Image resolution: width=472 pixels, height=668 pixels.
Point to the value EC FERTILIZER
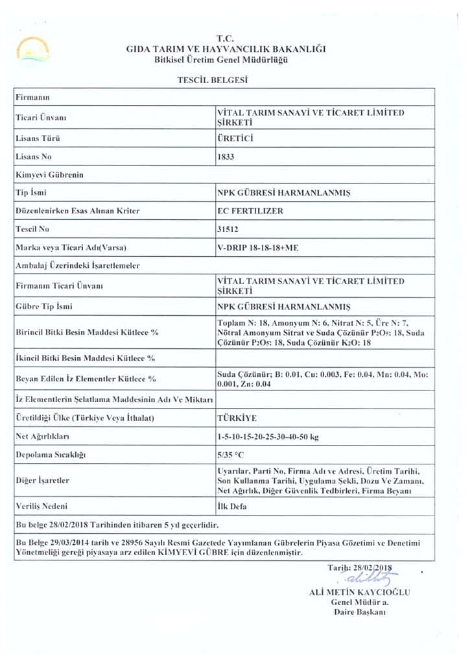pyautogui.click(x=249, y=211)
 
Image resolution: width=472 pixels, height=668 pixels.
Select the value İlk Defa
pyautogui.click(x=233, y=505)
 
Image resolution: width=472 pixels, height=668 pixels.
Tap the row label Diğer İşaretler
pyautogui.click(x=42, y=481)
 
